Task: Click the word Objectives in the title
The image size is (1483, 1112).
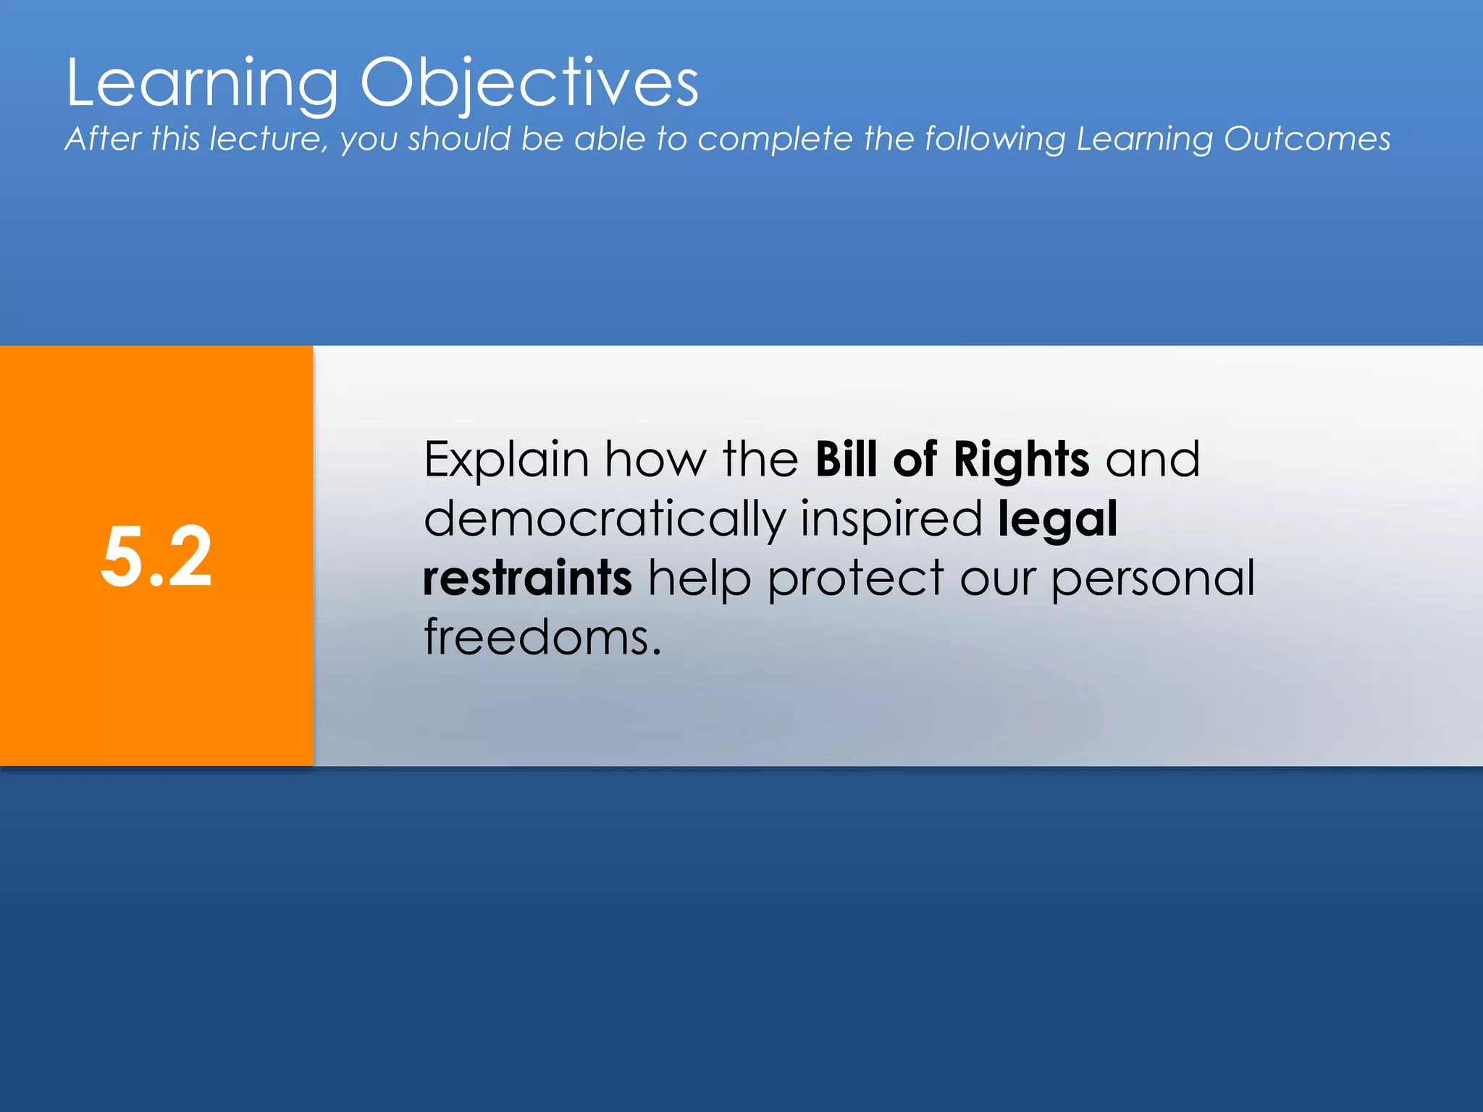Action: pos(529,83)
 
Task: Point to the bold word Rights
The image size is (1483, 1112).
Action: pos(1021,460)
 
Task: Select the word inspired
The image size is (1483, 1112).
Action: pos(891,520)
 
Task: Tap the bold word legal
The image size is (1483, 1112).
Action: pos(1057,520)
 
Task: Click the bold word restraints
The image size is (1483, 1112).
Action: pos(528,578)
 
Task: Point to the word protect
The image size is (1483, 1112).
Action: pos(855,580)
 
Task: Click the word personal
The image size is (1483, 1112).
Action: pos(1153,580)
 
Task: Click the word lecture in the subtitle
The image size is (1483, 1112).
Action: pos(269,138)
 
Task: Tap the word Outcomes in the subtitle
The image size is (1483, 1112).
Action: pos(1307,138)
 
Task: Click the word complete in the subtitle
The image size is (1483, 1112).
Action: pos(775,139)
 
